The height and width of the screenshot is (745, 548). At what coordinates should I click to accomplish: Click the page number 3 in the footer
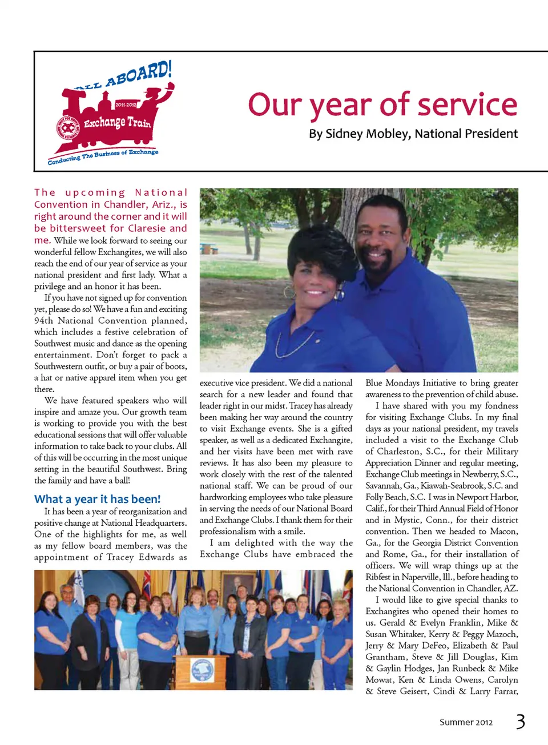coord(520,722)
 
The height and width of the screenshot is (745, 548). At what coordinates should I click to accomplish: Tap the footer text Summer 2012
coord(466,722)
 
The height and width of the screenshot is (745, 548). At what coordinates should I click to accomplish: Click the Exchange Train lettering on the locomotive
coord(117,122)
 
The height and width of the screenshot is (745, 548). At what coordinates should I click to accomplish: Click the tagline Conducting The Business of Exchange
coord(103,156)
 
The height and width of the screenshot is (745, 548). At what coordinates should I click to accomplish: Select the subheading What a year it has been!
coord(98,499)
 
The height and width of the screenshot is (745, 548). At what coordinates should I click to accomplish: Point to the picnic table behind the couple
coord(209,249)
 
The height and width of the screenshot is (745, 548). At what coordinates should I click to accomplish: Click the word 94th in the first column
coord(43,321)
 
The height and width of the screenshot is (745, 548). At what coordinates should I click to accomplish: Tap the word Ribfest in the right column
coord(378,577)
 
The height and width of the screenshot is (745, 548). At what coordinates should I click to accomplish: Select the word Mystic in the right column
coord(406,520)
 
